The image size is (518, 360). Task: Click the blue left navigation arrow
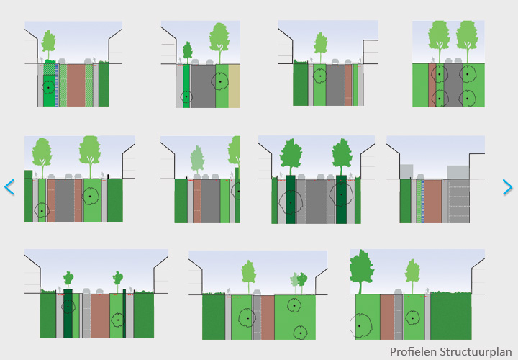tap(9, 187)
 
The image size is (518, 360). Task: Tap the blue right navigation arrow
tap(509, 187)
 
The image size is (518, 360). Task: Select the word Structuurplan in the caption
tap(475, 352)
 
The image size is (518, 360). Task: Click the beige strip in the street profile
tap(235, 86)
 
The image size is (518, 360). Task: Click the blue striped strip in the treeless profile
tap(421, 201)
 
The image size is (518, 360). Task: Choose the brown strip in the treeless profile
tap(432, 201)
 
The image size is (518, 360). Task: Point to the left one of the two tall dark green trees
tap(291, 155)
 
